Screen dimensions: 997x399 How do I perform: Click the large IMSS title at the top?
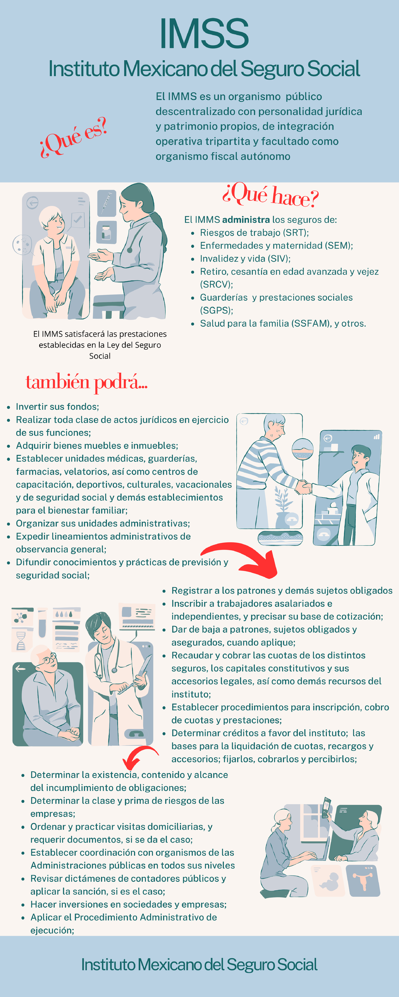204,34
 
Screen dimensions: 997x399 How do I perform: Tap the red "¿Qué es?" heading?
73,137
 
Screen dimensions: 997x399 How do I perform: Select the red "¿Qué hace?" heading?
270,195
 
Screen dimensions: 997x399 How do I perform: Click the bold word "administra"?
246,220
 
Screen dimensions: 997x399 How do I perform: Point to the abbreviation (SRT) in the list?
295,233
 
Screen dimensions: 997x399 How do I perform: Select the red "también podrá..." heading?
86,383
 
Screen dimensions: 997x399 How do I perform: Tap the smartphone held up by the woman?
326,807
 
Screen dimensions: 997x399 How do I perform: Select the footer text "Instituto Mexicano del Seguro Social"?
199,965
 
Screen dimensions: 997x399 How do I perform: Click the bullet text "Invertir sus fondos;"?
57,407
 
